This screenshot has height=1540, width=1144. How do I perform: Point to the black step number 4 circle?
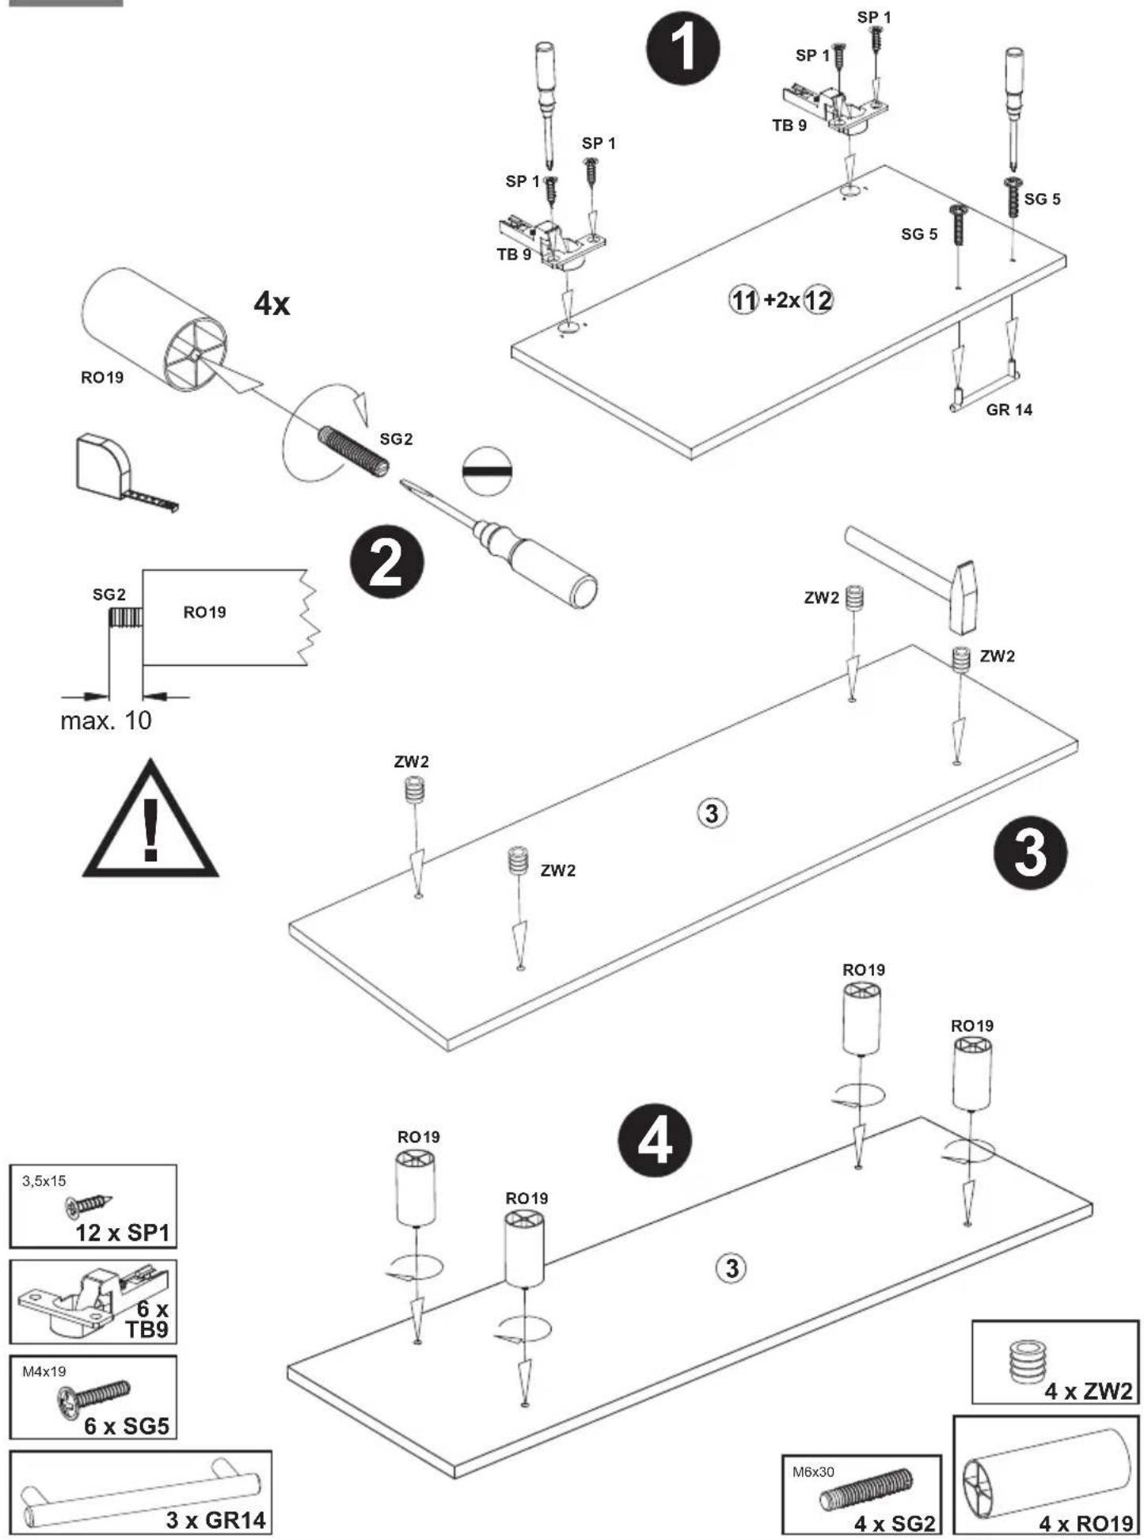pos(655,1141)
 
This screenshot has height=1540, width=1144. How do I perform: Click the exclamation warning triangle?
pos(150,820)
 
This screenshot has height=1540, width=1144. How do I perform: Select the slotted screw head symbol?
pos(487,471)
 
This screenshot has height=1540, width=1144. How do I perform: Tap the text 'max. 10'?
pos(105,721)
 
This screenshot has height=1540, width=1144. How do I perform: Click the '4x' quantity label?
pos(272,302)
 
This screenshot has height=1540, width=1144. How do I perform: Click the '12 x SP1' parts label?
pos(123,1233)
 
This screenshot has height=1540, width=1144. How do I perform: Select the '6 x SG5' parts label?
pos(127,1426)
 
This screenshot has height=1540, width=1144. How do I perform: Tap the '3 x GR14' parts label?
pos(215,1519)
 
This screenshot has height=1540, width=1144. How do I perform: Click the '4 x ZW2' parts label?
pos(1089,1391)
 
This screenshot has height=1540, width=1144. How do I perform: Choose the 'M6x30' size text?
pos(813,1472)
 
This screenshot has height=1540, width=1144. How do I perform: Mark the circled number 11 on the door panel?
pos(743,300)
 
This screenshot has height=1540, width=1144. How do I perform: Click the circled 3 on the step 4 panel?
pos(732,1268)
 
